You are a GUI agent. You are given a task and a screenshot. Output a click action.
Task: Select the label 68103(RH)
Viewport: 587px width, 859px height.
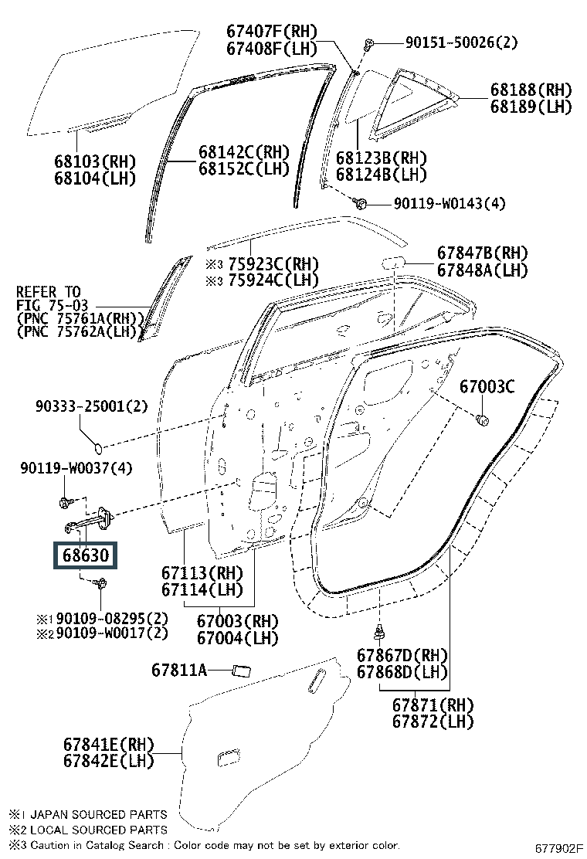[x=95, y=161]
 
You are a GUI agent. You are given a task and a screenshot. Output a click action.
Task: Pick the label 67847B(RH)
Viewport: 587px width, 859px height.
[x=482, y=253]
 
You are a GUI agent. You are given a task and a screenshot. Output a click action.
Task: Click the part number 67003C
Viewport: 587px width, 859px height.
[x=487, y=386]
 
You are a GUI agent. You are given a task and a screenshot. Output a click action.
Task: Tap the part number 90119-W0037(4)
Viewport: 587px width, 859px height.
[x=76, y=467]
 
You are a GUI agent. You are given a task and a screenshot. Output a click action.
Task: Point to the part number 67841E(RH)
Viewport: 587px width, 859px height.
[x=109, y=745]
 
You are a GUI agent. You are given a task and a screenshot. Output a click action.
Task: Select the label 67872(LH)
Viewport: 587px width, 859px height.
[x=433, y=721]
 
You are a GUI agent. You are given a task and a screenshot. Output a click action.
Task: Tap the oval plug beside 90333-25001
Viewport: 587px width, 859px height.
[x=100, y=446]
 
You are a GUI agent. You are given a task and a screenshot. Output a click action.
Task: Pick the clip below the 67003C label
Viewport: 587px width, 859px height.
[x=483, y=421]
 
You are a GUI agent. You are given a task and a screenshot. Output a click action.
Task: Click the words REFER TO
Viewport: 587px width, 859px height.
[x=48, y=292]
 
